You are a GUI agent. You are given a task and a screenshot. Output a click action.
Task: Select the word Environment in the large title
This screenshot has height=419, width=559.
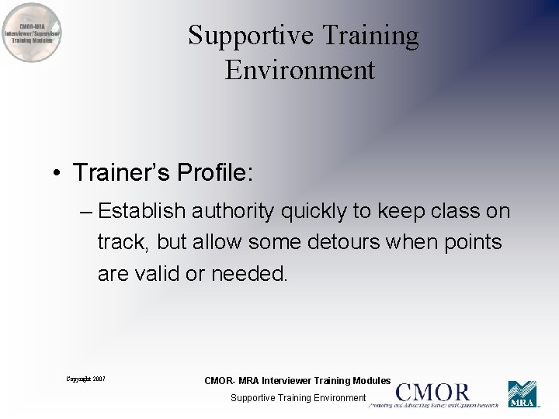point(300,71)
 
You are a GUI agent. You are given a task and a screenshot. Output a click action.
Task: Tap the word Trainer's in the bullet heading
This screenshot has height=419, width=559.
point(121,172)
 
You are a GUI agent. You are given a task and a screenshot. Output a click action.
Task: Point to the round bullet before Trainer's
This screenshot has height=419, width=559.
point(58,173)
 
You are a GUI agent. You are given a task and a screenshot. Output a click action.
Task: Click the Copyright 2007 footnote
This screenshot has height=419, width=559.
point(85,379)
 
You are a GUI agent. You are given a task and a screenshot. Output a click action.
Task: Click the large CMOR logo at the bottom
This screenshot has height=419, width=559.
point(432,393)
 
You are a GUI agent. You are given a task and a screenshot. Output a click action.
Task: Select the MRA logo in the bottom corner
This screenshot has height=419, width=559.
point(522,394)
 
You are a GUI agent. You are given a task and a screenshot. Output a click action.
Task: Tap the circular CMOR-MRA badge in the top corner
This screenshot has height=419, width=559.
point(32,33)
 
